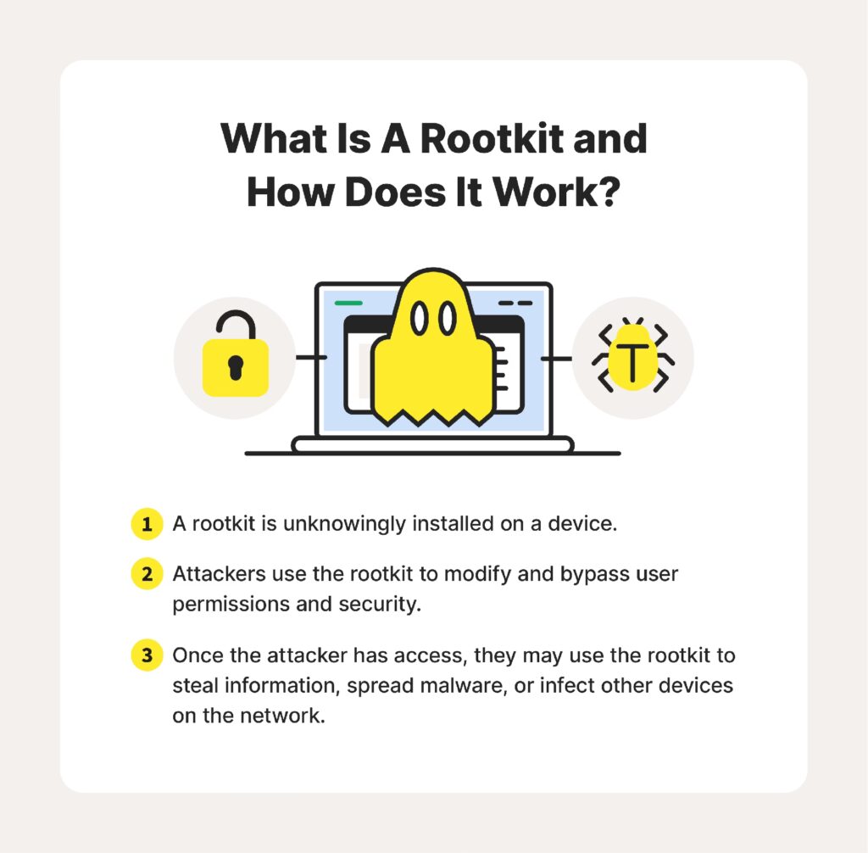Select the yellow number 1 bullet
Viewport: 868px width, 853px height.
(147, 523)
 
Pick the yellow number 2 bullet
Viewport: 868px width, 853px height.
(147, 574)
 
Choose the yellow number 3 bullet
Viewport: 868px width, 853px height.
(147, 655)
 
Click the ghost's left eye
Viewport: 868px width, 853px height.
(420, 319)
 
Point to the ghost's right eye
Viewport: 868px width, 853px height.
(448, 319)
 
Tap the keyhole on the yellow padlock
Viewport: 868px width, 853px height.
(236, 367)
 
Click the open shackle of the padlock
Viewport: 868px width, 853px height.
(236, 313)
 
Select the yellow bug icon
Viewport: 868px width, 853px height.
(632, 355)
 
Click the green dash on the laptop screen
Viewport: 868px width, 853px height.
(348, 303)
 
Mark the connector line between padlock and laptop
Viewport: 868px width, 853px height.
(311, 357)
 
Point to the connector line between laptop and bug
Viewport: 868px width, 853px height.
(556, 359)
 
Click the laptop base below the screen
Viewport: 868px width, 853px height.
(433, 445)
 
